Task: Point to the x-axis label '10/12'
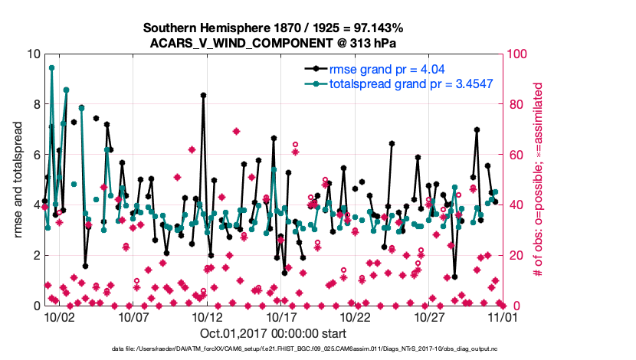(x=207, y=316)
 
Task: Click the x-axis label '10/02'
(x=58, y=316)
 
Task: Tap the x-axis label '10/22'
(x=356, y=316)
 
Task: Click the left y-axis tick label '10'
(x=33, y=54)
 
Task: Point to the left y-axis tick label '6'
(x=36, y=155)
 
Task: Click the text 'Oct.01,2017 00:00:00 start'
(x=274, y=333)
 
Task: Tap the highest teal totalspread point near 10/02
(x=51, y=67)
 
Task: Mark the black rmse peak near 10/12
(x=203, y=95)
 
